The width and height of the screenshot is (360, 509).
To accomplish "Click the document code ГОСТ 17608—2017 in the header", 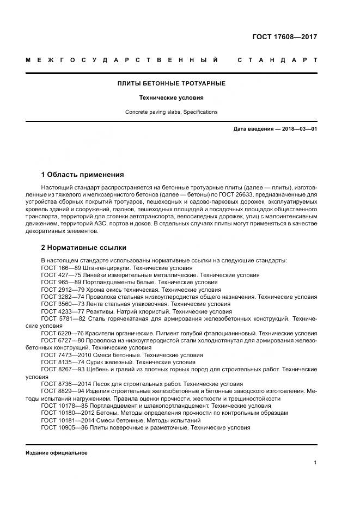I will tap(284, 37).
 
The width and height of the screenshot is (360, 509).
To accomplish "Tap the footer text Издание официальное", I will tap(56, 453).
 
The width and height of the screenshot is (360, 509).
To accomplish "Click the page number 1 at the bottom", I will tap(315, 463).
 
